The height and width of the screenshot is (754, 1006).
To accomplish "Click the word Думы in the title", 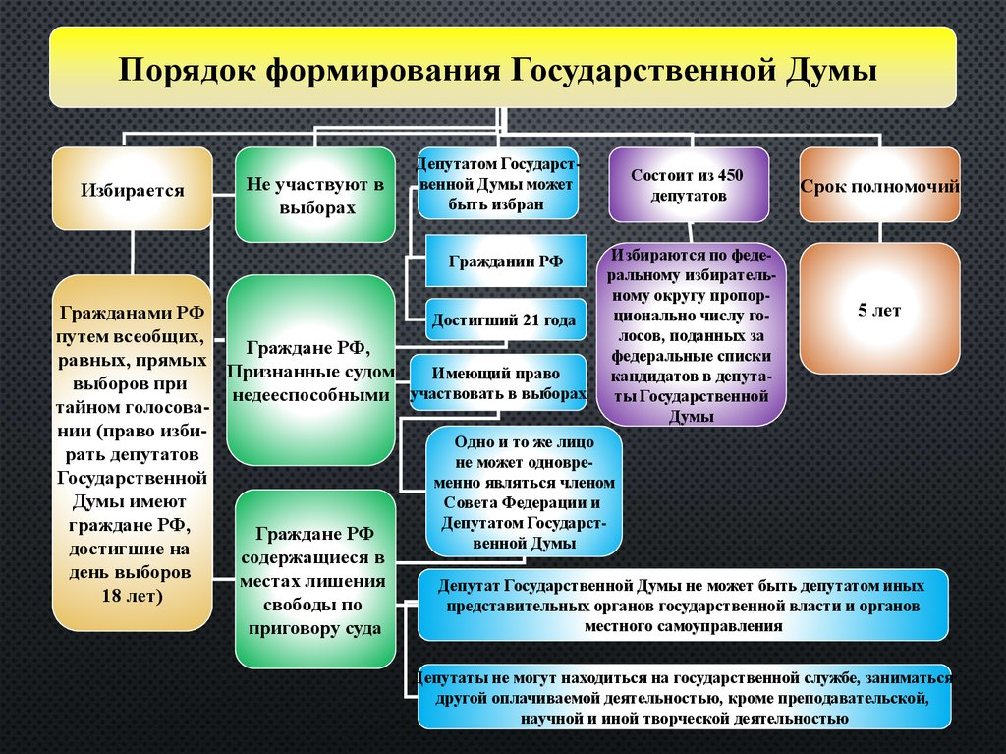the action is click(829, 73).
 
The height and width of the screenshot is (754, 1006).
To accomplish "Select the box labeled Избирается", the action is click(132, 189).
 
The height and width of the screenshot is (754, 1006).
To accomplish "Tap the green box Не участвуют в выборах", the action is click(314, 195).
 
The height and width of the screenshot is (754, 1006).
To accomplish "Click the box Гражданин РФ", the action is click(506, 261).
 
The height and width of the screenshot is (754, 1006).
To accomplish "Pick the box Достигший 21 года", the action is click(507, 319).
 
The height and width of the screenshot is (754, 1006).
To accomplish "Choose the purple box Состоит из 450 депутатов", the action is click(688, 185).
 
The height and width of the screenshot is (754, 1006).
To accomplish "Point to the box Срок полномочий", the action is click(879, 185).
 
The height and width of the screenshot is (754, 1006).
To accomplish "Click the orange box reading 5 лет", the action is click(879, 309).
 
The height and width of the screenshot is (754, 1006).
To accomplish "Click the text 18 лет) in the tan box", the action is click(132, 596).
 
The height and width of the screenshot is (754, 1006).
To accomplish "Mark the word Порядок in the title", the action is click(184, 73).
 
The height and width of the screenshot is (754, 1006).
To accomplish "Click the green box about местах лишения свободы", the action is click(315, 579).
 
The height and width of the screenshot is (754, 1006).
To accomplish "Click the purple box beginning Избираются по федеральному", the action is click(692, 334).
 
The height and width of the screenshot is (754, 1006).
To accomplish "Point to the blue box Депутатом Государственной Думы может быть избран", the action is click(497, 184).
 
